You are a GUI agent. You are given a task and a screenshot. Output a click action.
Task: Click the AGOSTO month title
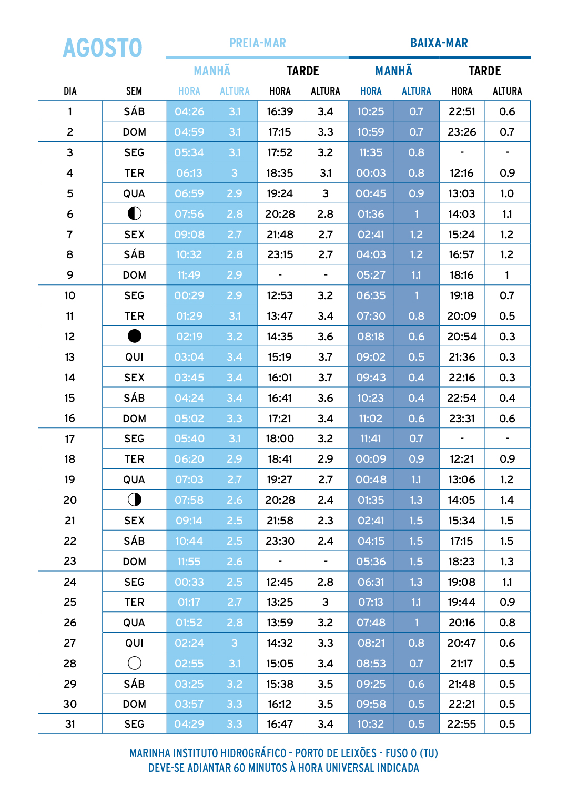pyautogui.click(x=103, y=48)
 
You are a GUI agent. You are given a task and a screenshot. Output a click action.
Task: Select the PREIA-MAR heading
pyautogui.click(x=258, y=43)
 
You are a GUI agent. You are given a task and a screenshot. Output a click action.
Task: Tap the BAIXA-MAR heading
pyautogui.click(x=439, y=43)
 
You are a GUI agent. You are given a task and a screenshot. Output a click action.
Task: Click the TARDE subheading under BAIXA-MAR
pyautogui.click(x=484, y=71)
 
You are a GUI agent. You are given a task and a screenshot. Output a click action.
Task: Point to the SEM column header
pyautogui.click(x=134, y=91)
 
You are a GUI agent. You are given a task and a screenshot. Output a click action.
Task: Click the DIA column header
pyautogui.click(x=70, y=91)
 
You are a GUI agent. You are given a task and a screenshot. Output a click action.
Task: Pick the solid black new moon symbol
pyautogui.click(x=135, y=336)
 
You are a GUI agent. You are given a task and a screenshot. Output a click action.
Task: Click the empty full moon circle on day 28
pyautogui.click(x=135, y=663)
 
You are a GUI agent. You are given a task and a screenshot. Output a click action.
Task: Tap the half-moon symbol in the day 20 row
pyautogui.click(x=135, y=500)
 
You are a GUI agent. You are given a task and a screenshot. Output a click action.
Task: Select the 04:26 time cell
pyautogui.click(x=189, y=111)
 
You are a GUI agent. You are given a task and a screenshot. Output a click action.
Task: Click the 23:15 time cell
pyautogui.click(x=280, y=254)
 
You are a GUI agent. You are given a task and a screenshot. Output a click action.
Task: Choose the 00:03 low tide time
pyautogui.click(x=371, y=173)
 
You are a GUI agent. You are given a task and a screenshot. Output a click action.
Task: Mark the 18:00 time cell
pyautogui.click(x=280, y=439)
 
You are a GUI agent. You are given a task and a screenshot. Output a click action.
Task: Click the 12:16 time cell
pyautogui.click(x=462, y=173)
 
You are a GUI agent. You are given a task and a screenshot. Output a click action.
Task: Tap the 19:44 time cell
pyautogui.click(x=462, y=602)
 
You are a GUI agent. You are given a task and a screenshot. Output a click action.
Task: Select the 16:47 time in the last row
pyautogui.click(x=280, y=724)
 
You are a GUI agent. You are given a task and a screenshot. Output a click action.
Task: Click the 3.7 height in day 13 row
pyautogui.click(x=326, y=357)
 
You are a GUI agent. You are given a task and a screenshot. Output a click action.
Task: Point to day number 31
pyautogui.click(x=70, y=724)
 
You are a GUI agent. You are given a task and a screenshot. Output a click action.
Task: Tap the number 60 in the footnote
pyautogui.click(x=239, y=768)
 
